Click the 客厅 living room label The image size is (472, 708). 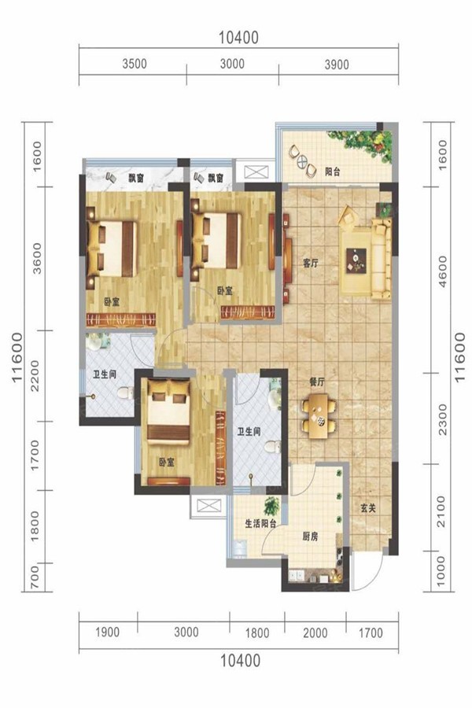click(x=310, y=264)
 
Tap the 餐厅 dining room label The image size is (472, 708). click(x=316, y=382)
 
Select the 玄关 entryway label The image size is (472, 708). click(x=368, y=508)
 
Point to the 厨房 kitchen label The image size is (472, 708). click(x=310, y=537)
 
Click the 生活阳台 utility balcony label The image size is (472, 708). click(x=260, y=523)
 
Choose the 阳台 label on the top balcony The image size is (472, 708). click(x=333, y=172)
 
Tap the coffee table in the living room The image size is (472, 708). click(x=356, y=260)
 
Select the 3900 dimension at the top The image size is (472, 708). click(x=337, y=65)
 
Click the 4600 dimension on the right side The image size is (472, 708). click(x=442, y=271)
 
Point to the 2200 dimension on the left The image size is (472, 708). click(x=35, y=376)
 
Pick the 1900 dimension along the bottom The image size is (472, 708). click(x=108, y=632)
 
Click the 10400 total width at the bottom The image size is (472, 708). click(x=240, y=661)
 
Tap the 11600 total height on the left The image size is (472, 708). click(x=17, y=358)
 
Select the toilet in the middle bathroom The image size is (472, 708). click(x=273, y=447)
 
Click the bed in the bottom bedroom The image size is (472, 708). click(x=168, y=411)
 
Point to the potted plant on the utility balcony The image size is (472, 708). click(x=271, y=506)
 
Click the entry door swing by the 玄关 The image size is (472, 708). click(x=367, y=571)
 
